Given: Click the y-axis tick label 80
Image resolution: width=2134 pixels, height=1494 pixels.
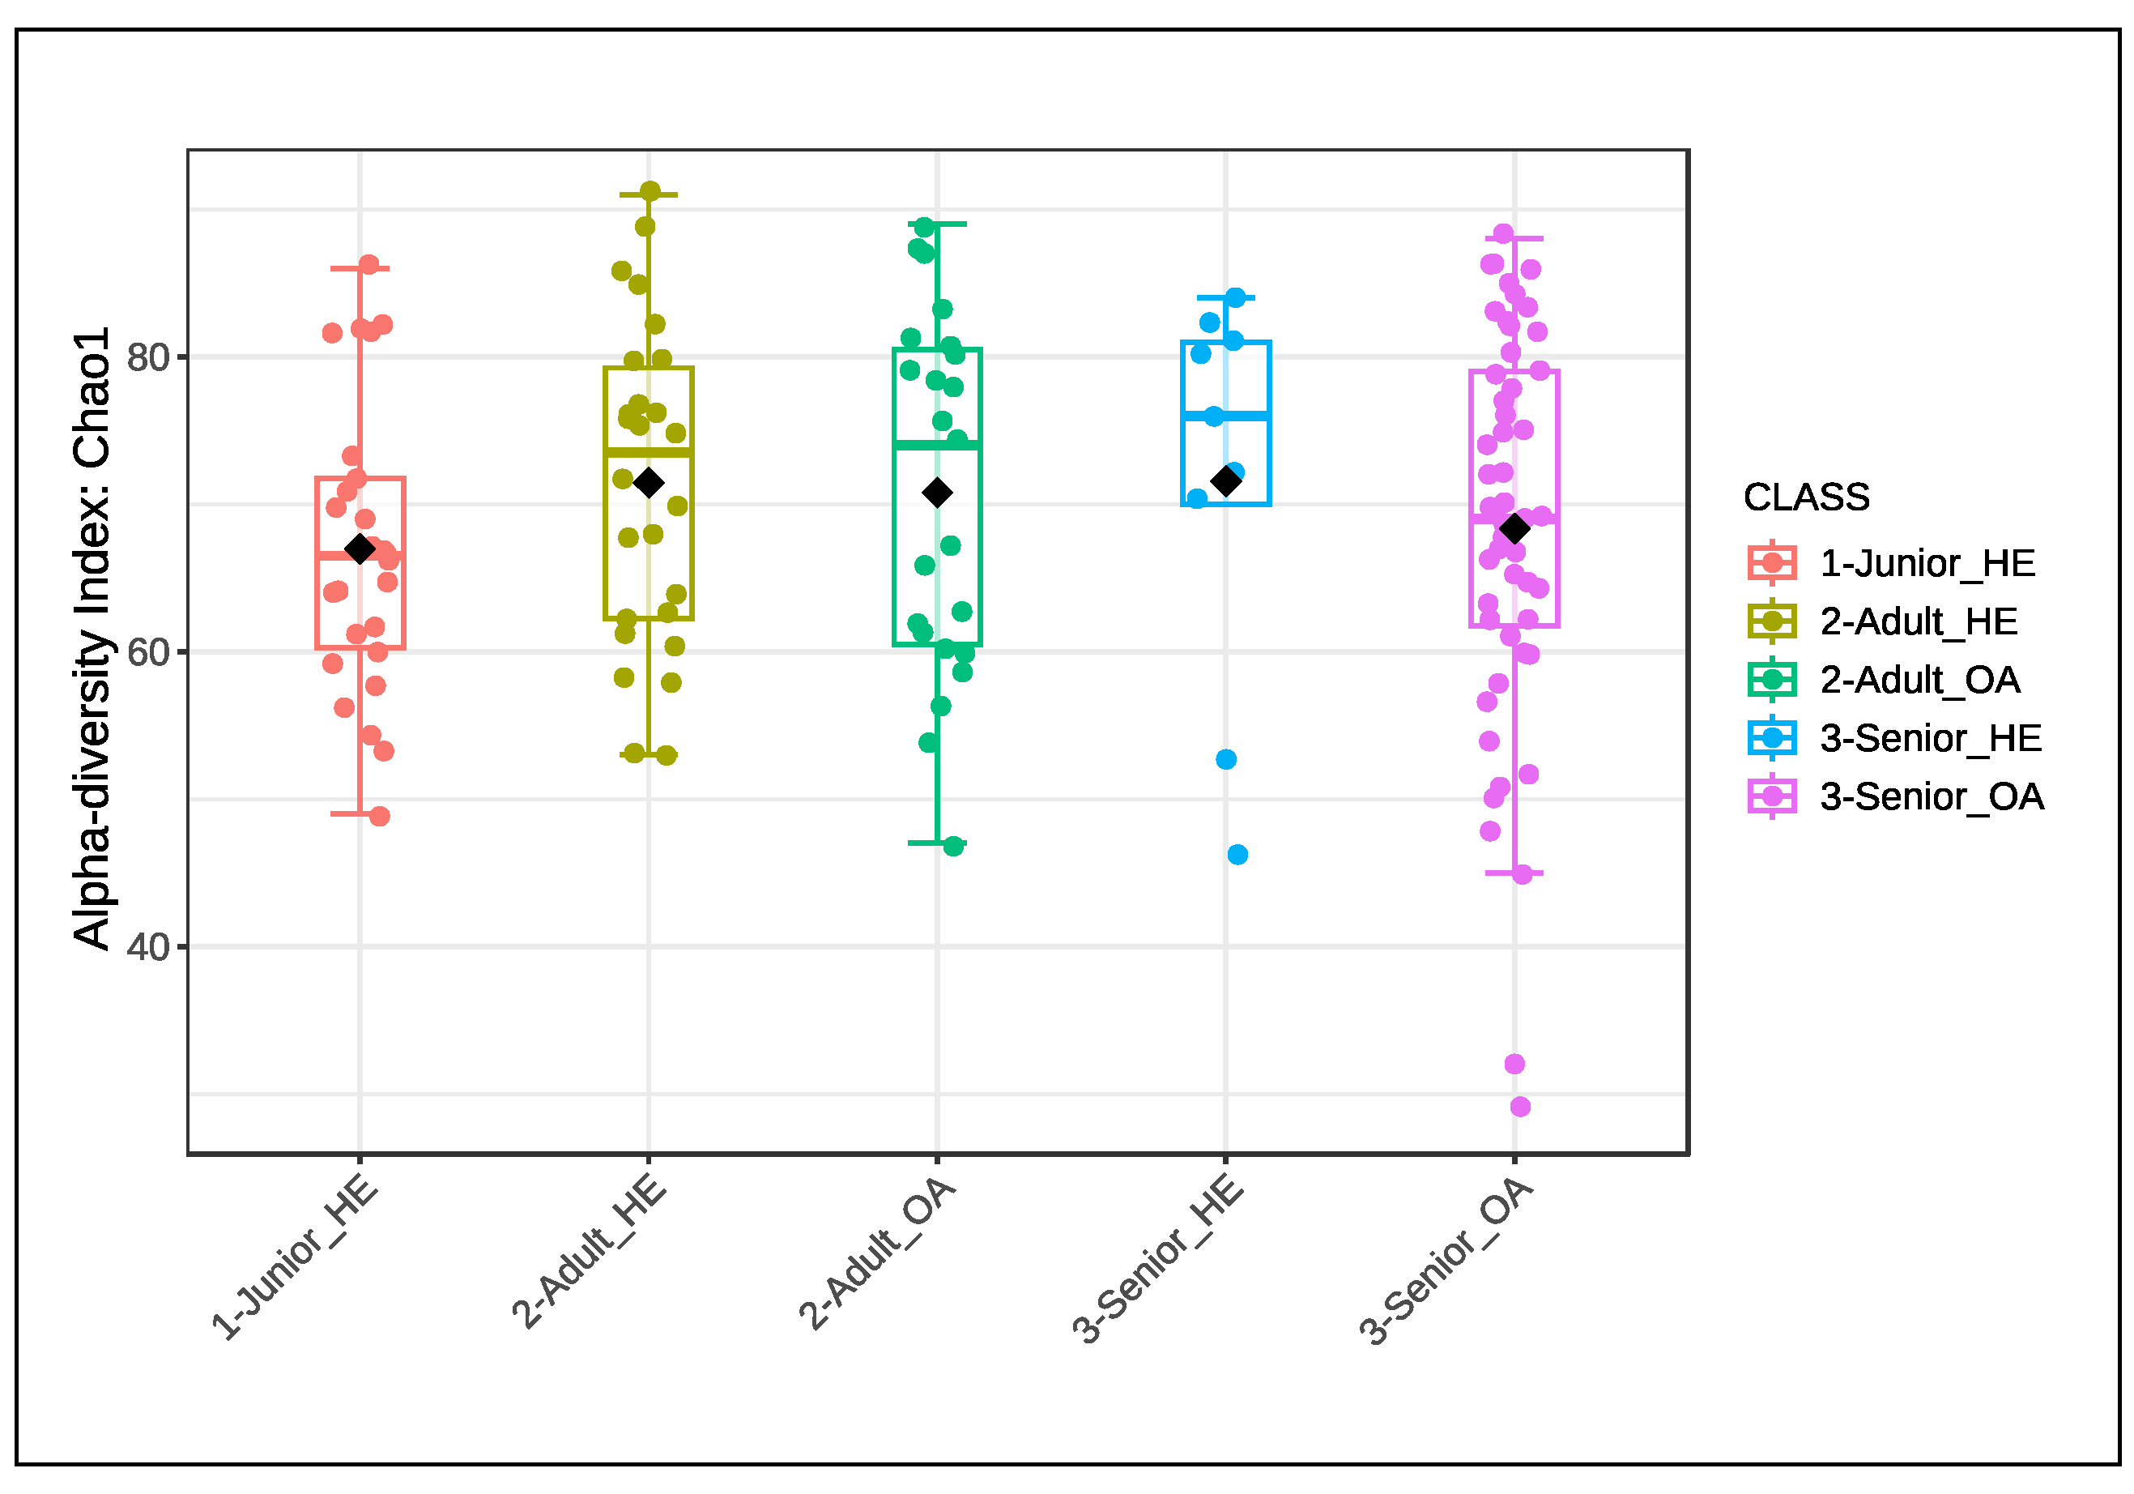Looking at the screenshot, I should [x=149, y=358].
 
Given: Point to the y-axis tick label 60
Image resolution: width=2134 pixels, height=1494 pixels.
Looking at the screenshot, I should [x=149, y=654].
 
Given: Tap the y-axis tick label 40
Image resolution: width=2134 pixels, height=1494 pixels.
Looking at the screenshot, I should [x=149, y=948].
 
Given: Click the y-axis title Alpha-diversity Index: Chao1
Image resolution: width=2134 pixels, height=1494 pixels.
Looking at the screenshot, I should [x=92, y=638].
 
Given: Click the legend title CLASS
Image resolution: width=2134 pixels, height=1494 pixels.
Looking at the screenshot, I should [x=1806, y=497].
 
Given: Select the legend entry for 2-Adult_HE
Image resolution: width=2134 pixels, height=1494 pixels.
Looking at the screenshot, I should [x=1919, y=621].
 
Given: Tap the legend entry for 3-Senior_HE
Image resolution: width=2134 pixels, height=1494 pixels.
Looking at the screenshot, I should [x=1931, y=738].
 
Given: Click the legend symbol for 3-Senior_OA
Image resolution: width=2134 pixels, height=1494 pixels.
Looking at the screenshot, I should [x=1771, y=796].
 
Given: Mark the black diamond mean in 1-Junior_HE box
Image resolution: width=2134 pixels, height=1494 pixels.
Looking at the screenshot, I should [x=360, y=549].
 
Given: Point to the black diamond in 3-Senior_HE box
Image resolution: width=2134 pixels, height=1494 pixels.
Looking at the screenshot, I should [x=1226, y=481].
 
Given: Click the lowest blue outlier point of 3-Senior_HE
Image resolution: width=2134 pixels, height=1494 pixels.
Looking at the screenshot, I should [x=1237, y=855].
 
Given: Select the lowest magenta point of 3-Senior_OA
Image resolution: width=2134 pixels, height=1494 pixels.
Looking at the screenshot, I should [x=1519, y=1107].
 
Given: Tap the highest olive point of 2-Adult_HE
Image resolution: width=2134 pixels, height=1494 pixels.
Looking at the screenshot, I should [x=650, y=191].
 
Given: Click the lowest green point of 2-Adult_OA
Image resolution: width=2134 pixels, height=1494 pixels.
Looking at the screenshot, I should [x=953, y=846].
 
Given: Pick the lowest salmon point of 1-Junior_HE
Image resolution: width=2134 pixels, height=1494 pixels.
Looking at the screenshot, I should [x=380, y=816].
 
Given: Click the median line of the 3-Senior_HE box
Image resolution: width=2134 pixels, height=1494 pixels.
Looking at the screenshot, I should [x=1226, y=416].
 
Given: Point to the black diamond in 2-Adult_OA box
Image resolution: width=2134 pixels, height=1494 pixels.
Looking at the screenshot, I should [x=937, y=493].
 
